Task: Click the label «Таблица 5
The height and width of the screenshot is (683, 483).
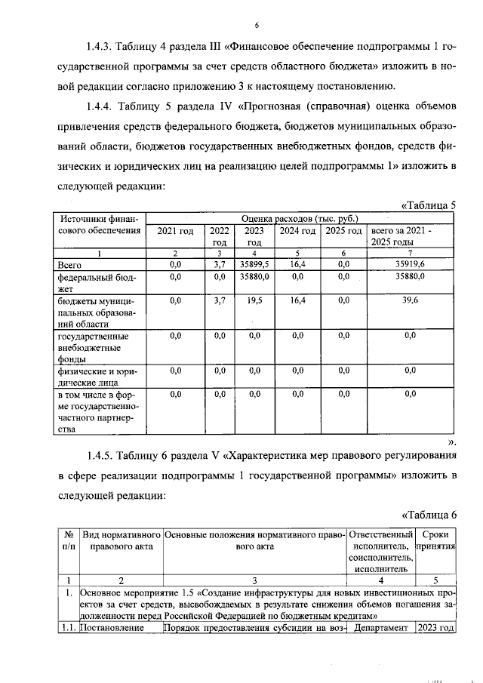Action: click(x=429, y=205)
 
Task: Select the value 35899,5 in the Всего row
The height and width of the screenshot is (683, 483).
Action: click(x=255, y=265)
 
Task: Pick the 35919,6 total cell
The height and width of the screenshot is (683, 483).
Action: click(x=411, y=265)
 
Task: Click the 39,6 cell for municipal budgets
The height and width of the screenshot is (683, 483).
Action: click(x=411, y=300)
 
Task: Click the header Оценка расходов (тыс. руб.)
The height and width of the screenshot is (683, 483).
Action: click(x=300, y=218)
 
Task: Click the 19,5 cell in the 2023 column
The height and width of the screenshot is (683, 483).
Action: click(x=255, y=300)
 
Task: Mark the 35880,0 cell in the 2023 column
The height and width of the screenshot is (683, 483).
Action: click(x=255, y=277)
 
